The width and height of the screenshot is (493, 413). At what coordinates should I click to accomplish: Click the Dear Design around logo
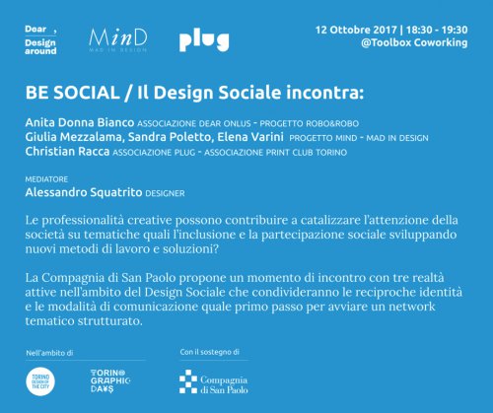pos(40,39)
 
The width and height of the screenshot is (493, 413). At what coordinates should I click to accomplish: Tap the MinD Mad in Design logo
pos(118,40)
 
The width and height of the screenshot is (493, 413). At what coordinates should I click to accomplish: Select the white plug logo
pos(204,41)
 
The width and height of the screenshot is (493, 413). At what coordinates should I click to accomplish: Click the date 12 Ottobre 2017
pos(356,30)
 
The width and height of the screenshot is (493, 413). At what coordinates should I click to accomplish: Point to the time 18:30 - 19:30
pos(437,30)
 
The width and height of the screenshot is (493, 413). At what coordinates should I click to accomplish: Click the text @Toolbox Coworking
pos(414,42)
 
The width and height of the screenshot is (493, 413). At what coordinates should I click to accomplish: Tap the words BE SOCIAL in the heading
pos(72,93)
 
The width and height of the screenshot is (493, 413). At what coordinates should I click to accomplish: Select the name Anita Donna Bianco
pos(80,122)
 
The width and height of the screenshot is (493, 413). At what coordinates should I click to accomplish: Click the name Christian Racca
pos(67,152)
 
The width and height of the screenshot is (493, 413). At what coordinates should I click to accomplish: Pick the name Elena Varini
pos(250,137)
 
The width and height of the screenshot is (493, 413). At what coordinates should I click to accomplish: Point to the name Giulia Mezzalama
pos(73,137)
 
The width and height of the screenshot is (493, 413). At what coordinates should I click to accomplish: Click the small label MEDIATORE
pos(46,179)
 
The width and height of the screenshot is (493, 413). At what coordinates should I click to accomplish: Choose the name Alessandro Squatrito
pos(84,192)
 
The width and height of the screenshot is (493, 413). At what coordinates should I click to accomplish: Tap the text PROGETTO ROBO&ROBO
pos(309,124)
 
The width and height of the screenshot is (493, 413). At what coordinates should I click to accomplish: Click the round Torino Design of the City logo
pos(40,381)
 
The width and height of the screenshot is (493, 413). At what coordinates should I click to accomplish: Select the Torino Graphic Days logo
pos(110,381)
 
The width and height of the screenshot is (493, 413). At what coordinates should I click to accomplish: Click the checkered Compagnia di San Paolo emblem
pos(188,381)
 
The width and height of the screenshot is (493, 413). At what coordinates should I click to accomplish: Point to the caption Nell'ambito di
pos(49,353)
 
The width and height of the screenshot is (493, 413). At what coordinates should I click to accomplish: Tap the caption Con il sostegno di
pos(209,352)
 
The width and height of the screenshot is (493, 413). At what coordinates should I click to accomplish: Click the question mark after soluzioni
pos(216,248)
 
